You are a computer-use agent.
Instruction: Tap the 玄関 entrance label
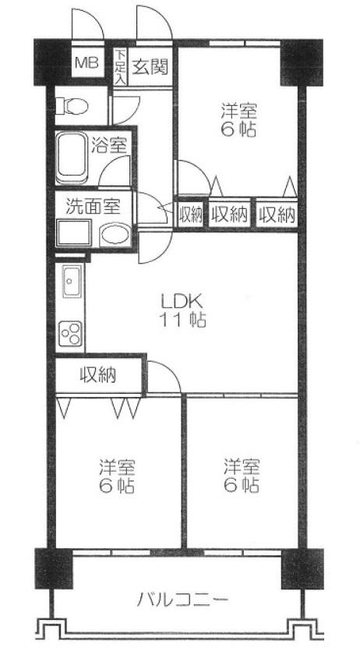tap(147, 66)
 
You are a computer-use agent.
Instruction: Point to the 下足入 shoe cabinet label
tap(120, 66)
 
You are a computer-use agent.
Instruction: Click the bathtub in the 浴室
tap(74, 158)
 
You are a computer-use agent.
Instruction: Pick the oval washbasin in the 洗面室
tap(114, 235)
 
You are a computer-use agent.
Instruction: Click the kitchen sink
tap(71, 282)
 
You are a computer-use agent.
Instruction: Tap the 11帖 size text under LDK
tap(183, 320)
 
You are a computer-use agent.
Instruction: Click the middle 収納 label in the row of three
tap(228, 213)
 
